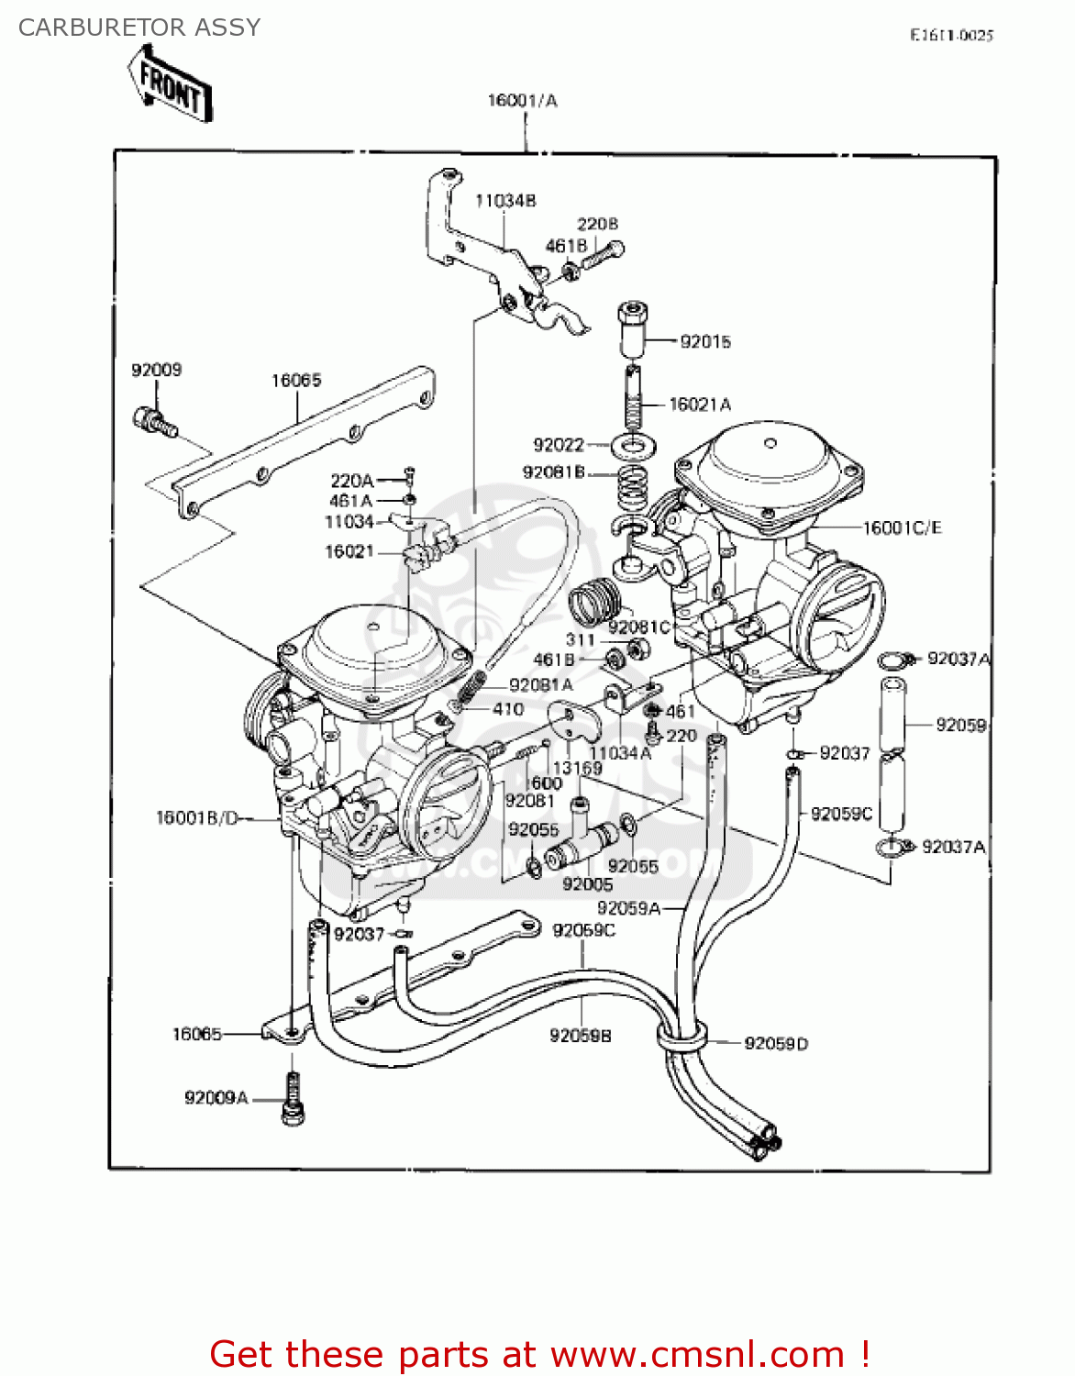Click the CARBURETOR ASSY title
click(x=139, y=28)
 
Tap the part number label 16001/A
click(x=522, y=101)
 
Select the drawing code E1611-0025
click(x=951, y=36)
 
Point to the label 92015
click(x=705, y=342)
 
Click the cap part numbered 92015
click(x=633, y=328)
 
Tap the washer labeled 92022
click(x=632, y=447)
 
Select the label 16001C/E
click(x=902, y=528)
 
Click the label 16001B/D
click(x=197, y=817)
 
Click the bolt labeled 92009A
click(x=293, y=1100)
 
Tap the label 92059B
click(x=580, y=1036)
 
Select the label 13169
click(x=577, y=768)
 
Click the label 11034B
click(x=505, y=201)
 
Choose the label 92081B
click(x=553, y=472)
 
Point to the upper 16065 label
click(x=296, y=381)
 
